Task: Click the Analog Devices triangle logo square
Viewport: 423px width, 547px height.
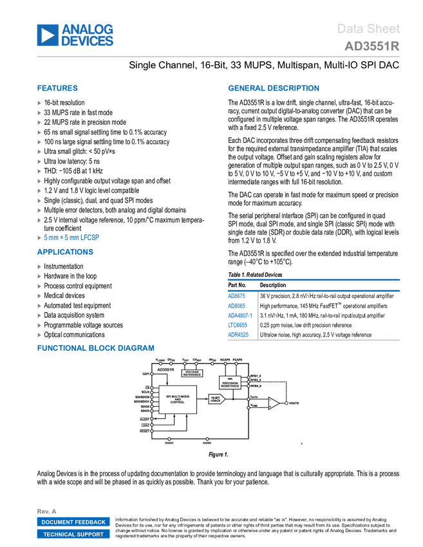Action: [47, 35]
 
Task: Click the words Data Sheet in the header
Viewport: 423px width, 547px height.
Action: [369, 29]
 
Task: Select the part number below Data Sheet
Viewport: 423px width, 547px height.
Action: [372, 46]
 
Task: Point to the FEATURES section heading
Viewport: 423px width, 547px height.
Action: [57, 89]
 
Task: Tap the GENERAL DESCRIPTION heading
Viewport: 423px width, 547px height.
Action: [273, 89]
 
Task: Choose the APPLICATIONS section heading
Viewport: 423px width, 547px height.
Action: [65, 252]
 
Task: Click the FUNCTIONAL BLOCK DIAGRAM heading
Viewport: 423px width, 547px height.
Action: [95, 348]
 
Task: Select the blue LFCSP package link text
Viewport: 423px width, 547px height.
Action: [71, 237]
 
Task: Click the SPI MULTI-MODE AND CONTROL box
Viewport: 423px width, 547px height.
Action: [178, 399]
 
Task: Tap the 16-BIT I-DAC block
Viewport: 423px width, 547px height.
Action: [216, 399]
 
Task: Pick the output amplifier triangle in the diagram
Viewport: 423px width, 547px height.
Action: [274, 403]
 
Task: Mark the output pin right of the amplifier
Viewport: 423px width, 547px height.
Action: [287, 404]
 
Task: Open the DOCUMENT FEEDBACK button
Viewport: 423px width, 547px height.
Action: [73, 522]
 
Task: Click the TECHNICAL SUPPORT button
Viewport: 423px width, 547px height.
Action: [73, 534]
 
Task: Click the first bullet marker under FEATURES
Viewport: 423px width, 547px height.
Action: [39, 102]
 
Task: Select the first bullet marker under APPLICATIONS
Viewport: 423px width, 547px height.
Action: [39, 266]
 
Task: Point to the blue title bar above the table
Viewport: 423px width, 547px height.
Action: [314, 280]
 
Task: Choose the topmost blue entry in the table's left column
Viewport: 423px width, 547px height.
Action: [237, 293]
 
